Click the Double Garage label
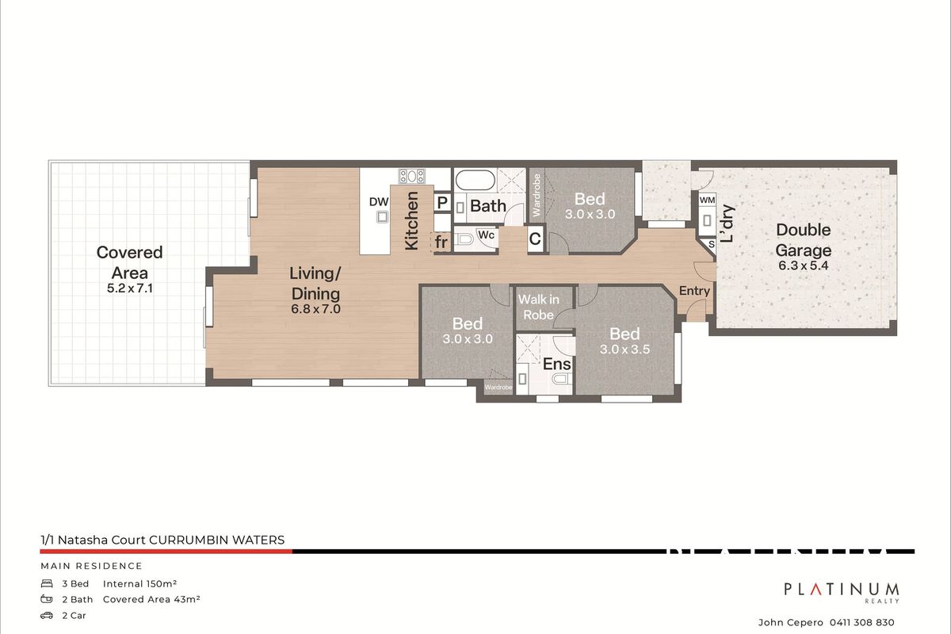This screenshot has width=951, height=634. click(804, 240)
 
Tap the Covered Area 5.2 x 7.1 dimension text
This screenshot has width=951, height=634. click(129, 289)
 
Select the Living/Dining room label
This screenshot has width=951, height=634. click(315, 283)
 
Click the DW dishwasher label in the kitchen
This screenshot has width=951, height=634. click(379, 201)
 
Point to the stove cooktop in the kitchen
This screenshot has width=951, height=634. click(412, 177)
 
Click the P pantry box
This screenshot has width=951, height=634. click(442, 203)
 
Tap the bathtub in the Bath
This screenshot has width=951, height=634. click(473, 180)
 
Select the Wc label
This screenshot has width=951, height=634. click(487, 235)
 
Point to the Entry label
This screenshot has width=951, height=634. click(694, 291)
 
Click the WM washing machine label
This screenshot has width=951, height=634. click(707, 201)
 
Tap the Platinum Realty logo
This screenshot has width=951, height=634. click(842, 591)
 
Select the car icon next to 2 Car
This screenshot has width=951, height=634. click(47, 615)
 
